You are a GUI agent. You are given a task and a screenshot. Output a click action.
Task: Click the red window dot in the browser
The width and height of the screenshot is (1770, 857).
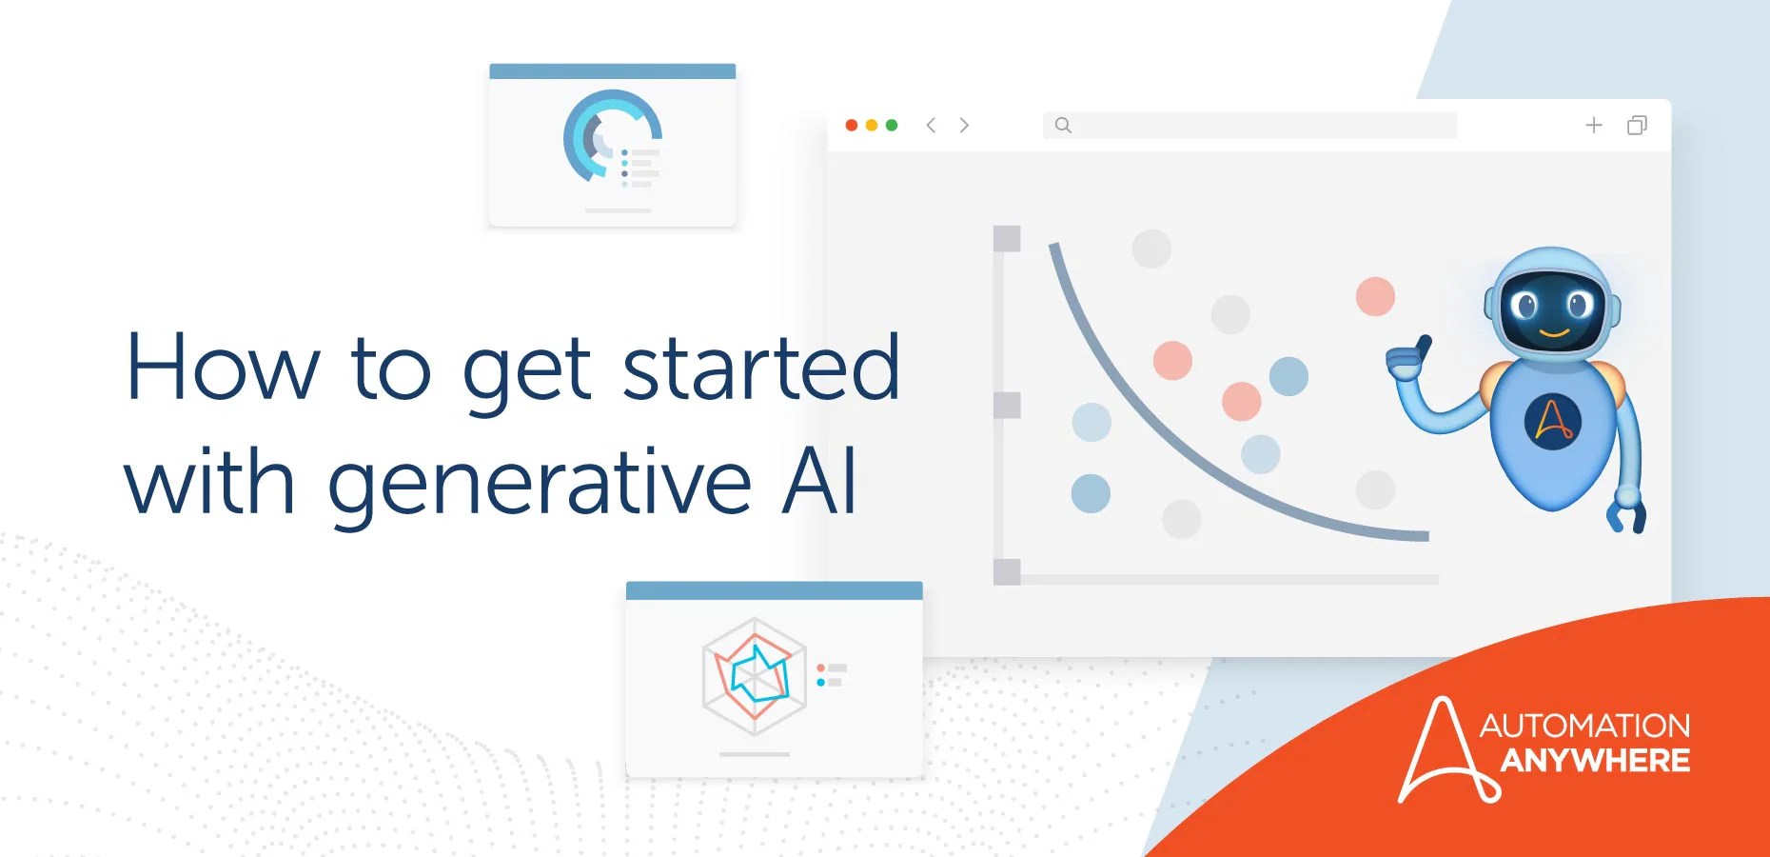852,125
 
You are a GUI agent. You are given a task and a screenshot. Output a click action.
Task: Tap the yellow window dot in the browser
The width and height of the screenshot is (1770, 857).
872,125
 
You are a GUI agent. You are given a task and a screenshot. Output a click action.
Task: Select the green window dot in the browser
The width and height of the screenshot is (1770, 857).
892,125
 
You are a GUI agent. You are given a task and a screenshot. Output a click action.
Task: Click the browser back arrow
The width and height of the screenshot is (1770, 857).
932,125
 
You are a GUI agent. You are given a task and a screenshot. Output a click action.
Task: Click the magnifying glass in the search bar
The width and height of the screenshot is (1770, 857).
1063,125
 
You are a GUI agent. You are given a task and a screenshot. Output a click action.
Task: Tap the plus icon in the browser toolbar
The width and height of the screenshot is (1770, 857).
1594,125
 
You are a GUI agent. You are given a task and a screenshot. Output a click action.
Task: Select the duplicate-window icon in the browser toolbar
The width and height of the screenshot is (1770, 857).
1637,125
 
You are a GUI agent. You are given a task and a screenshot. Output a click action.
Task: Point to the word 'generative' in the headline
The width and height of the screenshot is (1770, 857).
540,484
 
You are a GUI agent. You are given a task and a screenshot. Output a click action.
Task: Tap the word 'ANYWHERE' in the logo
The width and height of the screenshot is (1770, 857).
1595,761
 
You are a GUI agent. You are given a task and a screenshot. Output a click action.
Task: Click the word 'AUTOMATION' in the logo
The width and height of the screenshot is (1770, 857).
1584,726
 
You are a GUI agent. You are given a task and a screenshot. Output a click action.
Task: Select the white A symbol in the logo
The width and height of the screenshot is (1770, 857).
1445,752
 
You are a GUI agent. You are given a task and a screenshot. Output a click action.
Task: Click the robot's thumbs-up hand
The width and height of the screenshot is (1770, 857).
1408,359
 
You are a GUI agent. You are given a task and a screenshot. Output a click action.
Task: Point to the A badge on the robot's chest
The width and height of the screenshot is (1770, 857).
1553,421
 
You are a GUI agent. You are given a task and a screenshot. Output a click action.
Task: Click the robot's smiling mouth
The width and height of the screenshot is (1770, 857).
1554,333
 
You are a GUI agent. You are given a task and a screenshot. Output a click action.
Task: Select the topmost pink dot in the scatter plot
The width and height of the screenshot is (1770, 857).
1375,296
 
